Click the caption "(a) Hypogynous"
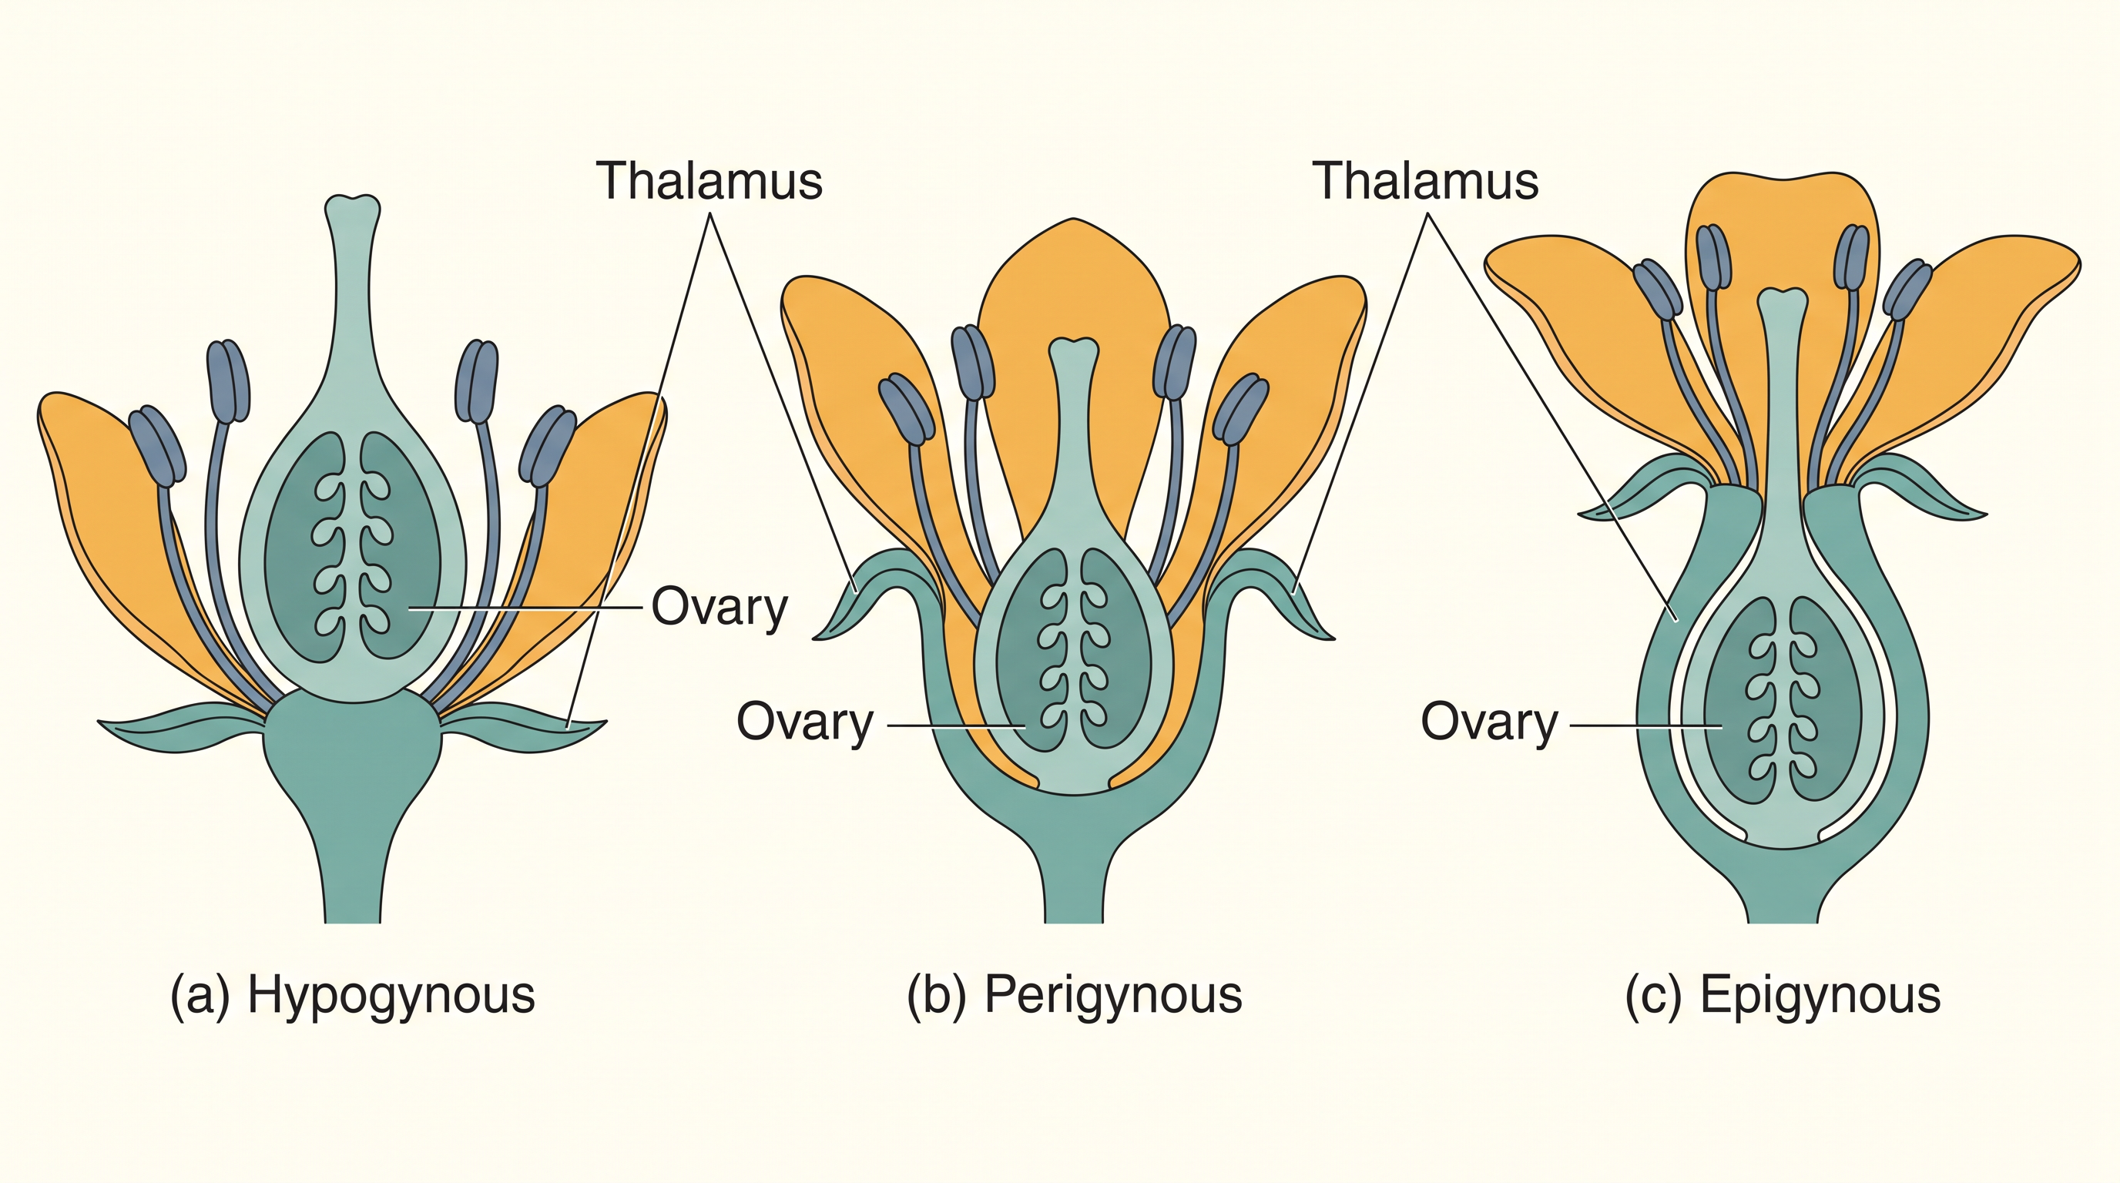(352, 995)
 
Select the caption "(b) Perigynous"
(1074, 995)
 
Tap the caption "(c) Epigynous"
(1783, 995)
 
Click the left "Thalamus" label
(709, 181)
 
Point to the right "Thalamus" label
(1425, 181)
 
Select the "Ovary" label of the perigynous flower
(805, 722)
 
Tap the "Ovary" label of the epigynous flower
(1490, 722)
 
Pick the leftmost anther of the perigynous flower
(907, 409)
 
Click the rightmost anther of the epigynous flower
(1907, 290)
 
